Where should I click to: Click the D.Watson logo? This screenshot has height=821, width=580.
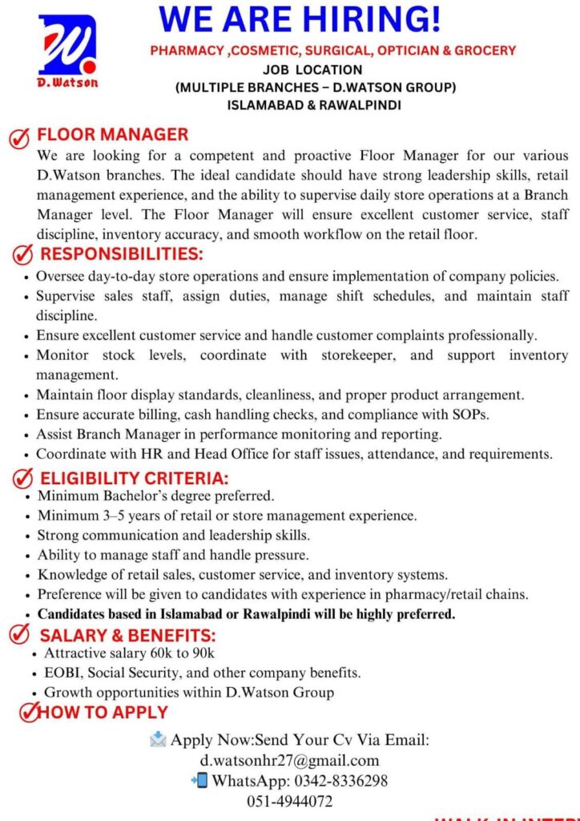pyautogui.click(x=67, y=53)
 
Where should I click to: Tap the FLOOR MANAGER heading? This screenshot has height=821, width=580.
pyautogui.click(x=113, y=135)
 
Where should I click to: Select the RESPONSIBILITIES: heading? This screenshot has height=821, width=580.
pyautogui.click(x=122, y=255)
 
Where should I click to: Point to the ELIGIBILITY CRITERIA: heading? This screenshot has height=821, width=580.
pyautogui.click(x=134, y=479)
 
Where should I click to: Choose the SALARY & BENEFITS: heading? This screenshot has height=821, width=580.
pyautogui.click(x=128, y=636)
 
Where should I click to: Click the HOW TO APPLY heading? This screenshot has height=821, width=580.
pyautogui.click(x=103, y=712)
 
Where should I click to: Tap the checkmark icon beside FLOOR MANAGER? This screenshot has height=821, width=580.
pyautogui.click(x=19, y=137)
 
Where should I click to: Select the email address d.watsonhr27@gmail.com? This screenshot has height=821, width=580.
pyautogui.click(x=289, y=760)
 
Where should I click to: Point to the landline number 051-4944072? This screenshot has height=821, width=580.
pyautogui.click(x=289, y=800)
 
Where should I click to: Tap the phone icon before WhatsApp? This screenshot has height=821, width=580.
pyautogui.click(x=199, y=779)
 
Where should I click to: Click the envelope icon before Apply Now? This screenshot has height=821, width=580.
pyautogui.click(x=158, y=739)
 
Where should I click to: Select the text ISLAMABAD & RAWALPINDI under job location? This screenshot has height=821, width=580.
pyautogui.click(x=315, y=104)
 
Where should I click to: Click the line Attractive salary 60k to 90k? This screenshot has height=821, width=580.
pyautogui.click(x=129, y=653)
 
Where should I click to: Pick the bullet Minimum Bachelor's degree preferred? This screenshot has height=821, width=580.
pyautogui.click(x=155, y=495)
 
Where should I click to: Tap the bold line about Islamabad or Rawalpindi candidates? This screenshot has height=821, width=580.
pyautogui.click(x=246, y=615)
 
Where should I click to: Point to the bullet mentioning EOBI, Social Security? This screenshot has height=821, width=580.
pyautogui.click(x=202, y=673)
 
